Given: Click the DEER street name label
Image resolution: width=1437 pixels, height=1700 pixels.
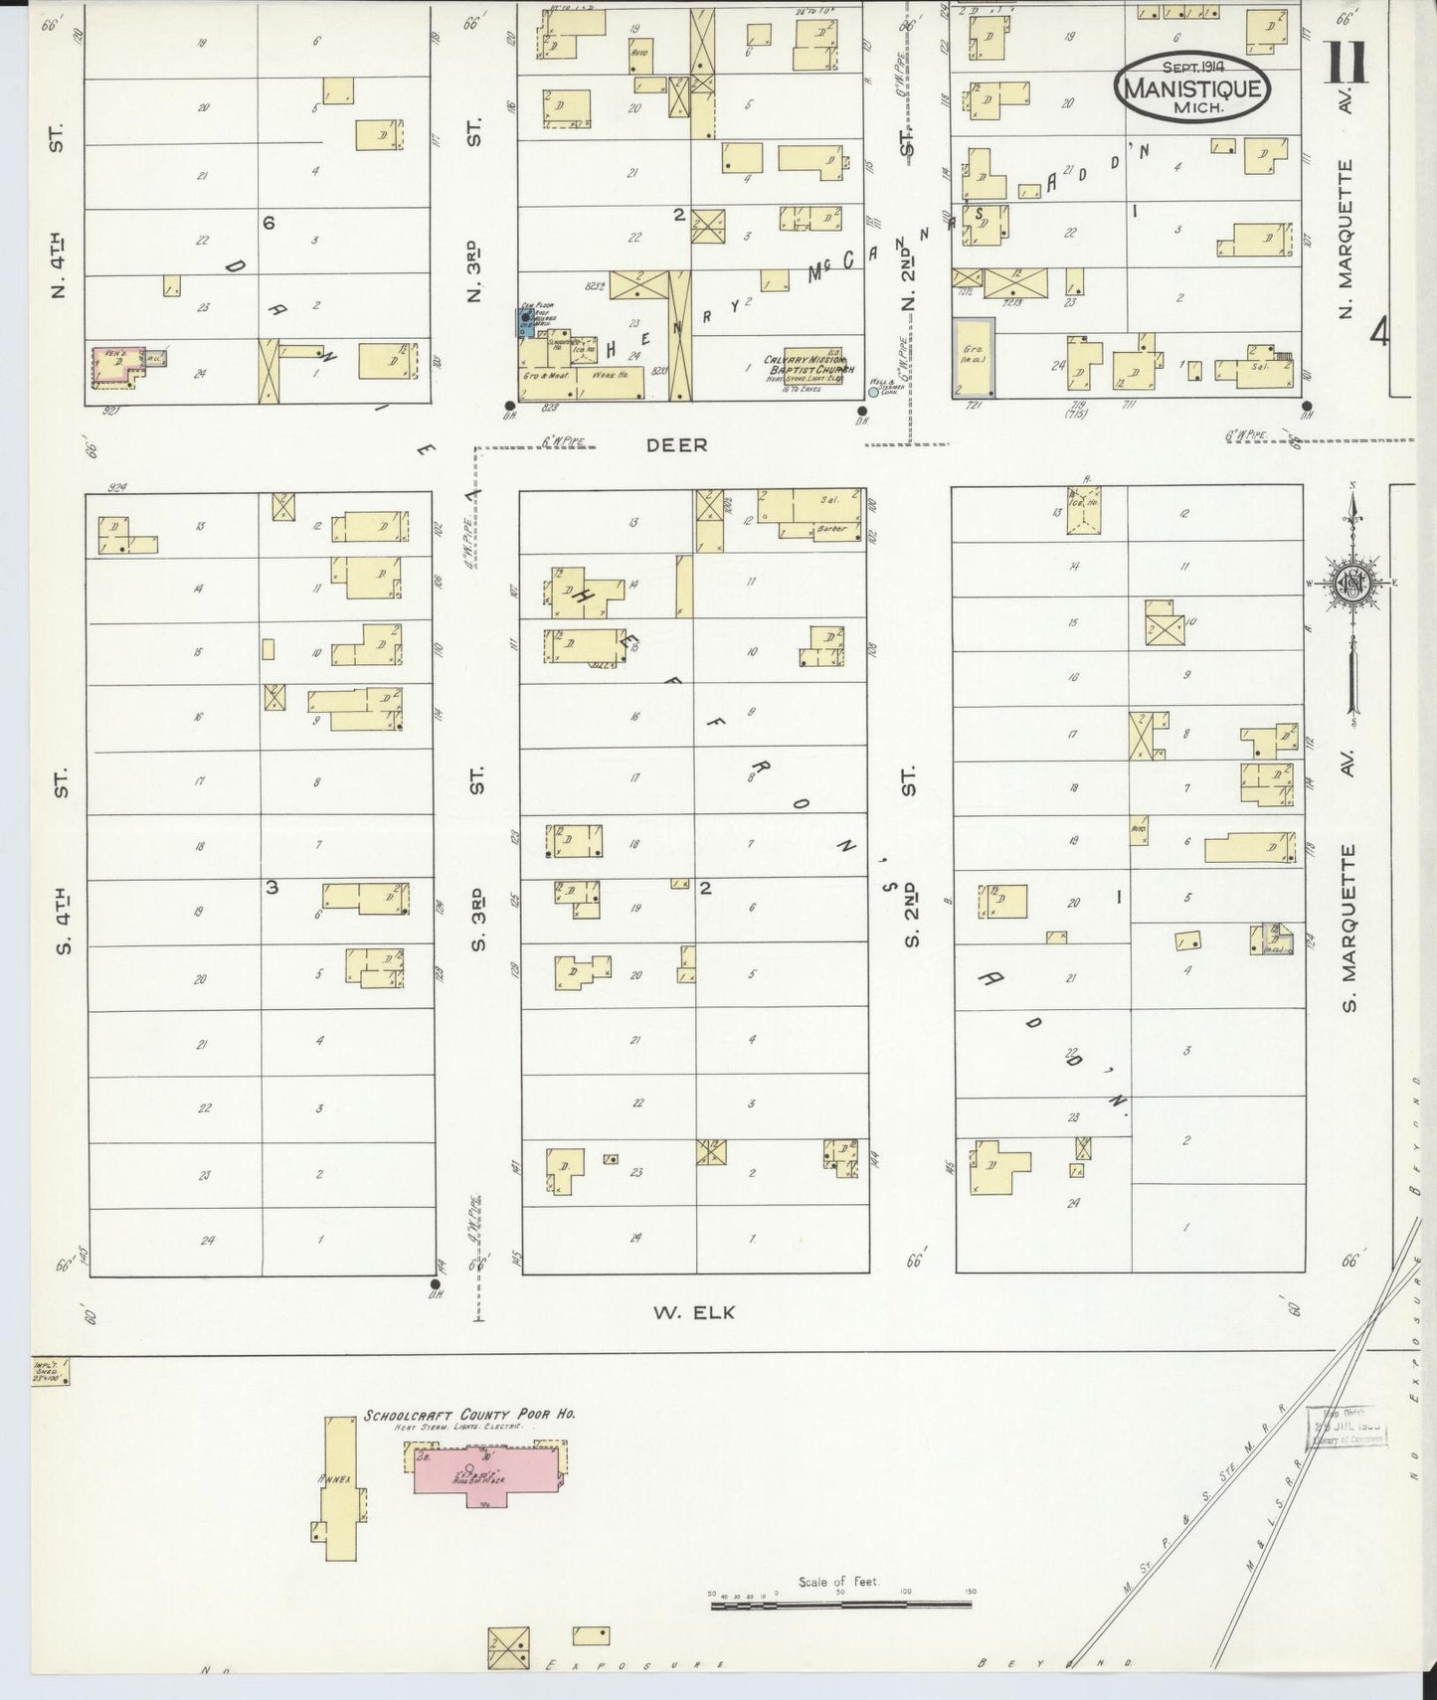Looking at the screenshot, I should point(676,445).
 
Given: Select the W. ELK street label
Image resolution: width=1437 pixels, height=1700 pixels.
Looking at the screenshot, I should point(694,1312).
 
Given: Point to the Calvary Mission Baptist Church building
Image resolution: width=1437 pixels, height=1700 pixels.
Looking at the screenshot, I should point(805,367).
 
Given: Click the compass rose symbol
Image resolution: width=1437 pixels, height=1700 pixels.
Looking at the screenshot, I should point(1352,583).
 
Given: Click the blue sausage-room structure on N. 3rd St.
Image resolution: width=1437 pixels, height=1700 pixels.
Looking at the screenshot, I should point(524,323).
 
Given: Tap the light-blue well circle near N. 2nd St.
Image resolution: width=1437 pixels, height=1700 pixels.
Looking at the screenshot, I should point(873,392).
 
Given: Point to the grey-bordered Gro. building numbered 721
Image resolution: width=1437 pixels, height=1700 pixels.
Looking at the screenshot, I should point(973,357).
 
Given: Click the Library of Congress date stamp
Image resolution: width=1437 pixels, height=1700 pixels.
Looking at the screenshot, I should point(1348,1427).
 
